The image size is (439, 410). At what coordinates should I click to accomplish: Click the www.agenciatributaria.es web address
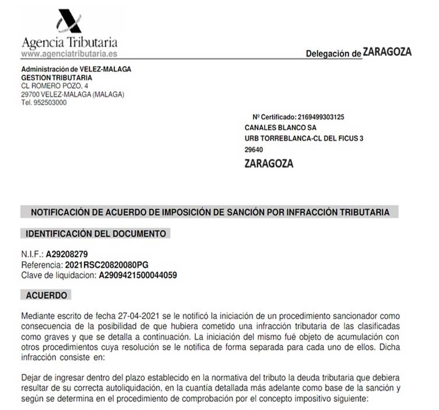point(69,53)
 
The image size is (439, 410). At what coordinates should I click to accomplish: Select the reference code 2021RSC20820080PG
point(99,265)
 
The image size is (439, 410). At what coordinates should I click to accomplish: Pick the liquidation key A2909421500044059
point(138,275)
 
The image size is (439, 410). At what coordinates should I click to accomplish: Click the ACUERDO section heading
point(47,296)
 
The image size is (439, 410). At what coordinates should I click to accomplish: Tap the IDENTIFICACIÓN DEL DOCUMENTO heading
point(96,234)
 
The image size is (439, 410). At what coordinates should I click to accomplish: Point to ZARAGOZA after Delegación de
point(387,51)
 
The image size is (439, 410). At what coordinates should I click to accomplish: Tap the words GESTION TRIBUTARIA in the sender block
point(56,77)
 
